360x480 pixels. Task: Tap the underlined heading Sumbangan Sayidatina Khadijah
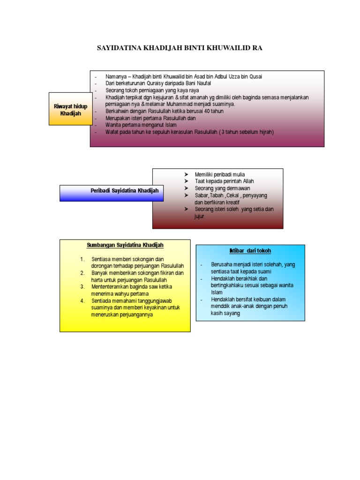125,245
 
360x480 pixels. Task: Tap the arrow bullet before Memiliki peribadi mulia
186,174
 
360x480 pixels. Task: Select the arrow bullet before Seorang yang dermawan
186,188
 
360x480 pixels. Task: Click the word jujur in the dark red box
200,217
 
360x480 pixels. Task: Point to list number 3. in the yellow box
82,286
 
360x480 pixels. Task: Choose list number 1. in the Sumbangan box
82,259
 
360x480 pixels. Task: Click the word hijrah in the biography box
263,132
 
